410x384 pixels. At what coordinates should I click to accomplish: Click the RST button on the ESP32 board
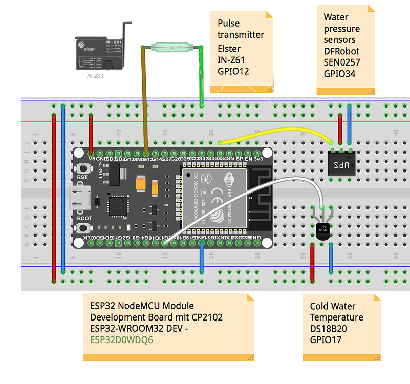(82, 167)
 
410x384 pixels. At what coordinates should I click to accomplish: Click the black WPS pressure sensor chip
(341, 165)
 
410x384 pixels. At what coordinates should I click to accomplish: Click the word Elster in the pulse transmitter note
(229, 49)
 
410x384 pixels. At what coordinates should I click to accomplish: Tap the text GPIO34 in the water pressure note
(339, 73)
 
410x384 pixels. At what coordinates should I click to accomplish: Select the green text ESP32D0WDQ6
(121, 339)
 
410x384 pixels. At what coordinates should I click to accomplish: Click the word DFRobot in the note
(341, 51)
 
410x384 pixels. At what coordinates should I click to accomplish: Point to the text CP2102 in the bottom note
(204, 317)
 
